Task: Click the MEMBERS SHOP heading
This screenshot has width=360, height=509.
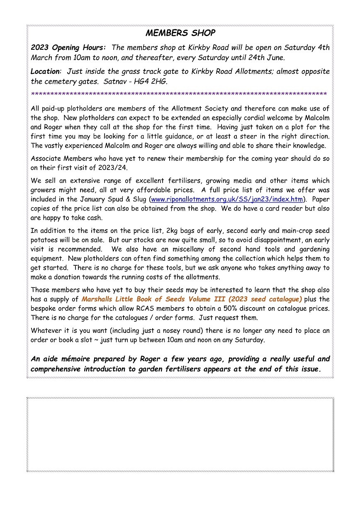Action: (180, 33)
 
